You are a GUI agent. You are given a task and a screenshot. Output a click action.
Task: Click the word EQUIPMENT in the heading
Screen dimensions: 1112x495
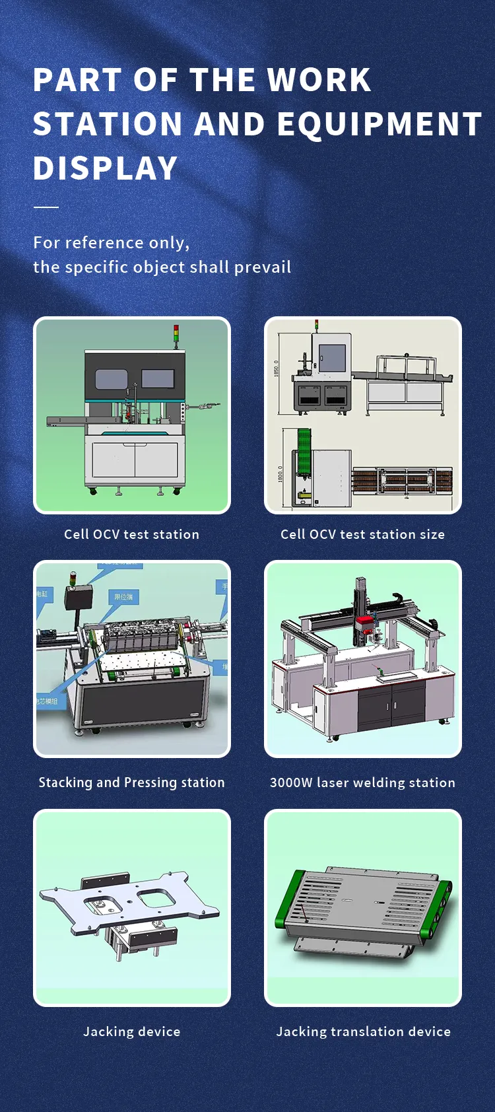tap(379, 124)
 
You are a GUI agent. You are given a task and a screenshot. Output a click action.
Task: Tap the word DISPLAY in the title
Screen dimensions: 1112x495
tap(106, 168)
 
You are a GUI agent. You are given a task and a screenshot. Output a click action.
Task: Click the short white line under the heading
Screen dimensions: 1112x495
tap(46, 207)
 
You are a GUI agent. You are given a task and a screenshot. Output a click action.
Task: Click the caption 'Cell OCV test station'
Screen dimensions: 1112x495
tap(131, 534)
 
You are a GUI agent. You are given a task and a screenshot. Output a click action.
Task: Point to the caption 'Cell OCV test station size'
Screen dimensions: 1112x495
tap(362, 534)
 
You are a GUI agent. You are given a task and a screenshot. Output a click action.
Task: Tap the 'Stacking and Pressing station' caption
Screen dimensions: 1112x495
tap(131, 782)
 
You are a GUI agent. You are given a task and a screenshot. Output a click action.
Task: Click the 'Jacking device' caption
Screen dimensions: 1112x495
tap(131, 1031)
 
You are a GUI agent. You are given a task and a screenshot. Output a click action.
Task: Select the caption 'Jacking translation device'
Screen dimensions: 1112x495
tap(363, 1031)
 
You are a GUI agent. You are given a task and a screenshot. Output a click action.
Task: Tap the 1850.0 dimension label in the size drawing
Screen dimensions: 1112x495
tap(277, 368)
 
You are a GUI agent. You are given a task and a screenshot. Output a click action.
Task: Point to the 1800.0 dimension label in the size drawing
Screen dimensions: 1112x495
tap(280, 473)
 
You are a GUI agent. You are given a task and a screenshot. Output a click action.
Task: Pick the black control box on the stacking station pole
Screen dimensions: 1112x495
tap(78, 600)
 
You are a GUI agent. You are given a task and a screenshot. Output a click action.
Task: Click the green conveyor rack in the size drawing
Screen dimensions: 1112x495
tap(304, 453)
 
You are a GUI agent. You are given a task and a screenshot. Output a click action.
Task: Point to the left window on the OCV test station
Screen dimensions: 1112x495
tap(112, 379)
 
